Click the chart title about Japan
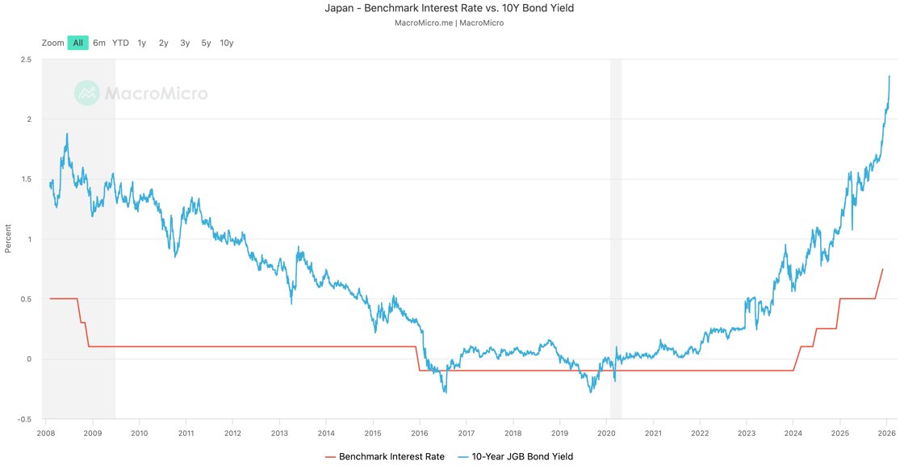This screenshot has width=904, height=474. click(x=449, y=8)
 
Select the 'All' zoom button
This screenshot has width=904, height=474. click(x=77, y=43)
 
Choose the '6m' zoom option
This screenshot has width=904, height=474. click(x=99, y=43)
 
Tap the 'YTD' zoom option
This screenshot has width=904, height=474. click(x=120, y=43)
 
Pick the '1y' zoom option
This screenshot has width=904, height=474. click(x=142, y=43)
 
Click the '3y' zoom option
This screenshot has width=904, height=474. click(x=185, y=43)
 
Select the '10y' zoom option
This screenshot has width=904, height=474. click(x=227, y=43)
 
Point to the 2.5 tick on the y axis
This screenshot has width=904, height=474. click(x=26, y=60)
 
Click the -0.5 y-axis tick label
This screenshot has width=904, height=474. click(x=24, y=419)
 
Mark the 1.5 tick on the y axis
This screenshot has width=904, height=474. click(x=26, y=179)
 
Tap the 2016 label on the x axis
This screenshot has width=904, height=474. click(x=420, y=434)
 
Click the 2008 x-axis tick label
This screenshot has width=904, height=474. click(x=46, y=434)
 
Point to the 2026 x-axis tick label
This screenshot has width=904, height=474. click(x=887, y=434)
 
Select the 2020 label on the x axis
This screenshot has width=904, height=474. click(x=606, y=434)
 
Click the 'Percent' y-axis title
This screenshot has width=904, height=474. click(x=8, y=239)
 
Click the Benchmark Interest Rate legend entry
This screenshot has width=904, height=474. click(x=385, y=457)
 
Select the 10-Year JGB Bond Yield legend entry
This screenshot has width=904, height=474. click(x=516, y=457)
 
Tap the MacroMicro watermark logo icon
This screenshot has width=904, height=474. click(x=86, y=93)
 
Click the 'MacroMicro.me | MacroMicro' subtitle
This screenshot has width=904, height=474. click(x=449, y=23)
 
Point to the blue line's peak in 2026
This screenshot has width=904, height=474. click(x=889, y=77)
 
